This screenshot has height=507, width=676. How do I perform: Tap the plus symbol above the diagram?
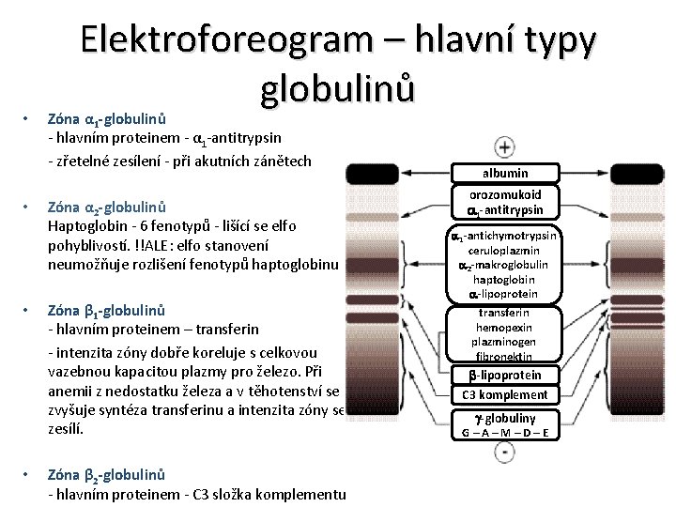pyautogui.click(x=505, y=146)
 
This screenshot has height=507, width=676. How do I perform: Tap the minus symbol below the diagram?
pyautogui.click(x=505, y=453)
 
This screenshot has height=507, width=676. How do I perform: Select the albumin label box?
pyautogui.click(x=505, y=173)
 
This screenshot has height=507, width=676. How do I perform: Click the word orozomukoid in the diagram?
pyautogui.click(x=505, y=194)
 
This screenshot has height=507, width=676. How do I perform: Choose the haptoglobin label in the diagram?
pyautogui.click(x=505, y=280)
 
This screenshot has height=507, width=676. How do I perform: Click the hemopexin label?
pyautogui.click(x=505, y=328)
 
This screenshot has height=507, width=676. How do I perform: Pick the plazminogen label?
pyautogui.click(x=505, y=343)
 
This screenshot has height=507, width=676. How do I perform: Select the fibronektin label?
pyautogui.click(x=505, y=357)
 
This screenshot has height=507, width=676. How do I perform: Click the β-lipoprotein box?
pyautogui.click(x=505, y=376)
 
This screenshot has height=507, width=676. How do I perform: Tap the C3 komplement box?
pyautogui.click(x=505, y=394)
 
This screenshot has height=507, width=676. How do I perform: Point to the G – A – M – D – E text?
pyautogui.click(x=505, y=432)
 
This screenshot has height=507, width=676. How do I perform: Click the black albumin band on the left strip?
pyautogui.click(x=372, y=174)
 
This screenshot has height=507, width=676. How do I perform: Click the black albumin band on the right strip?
pyautogui.click(x=638, y=174)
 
